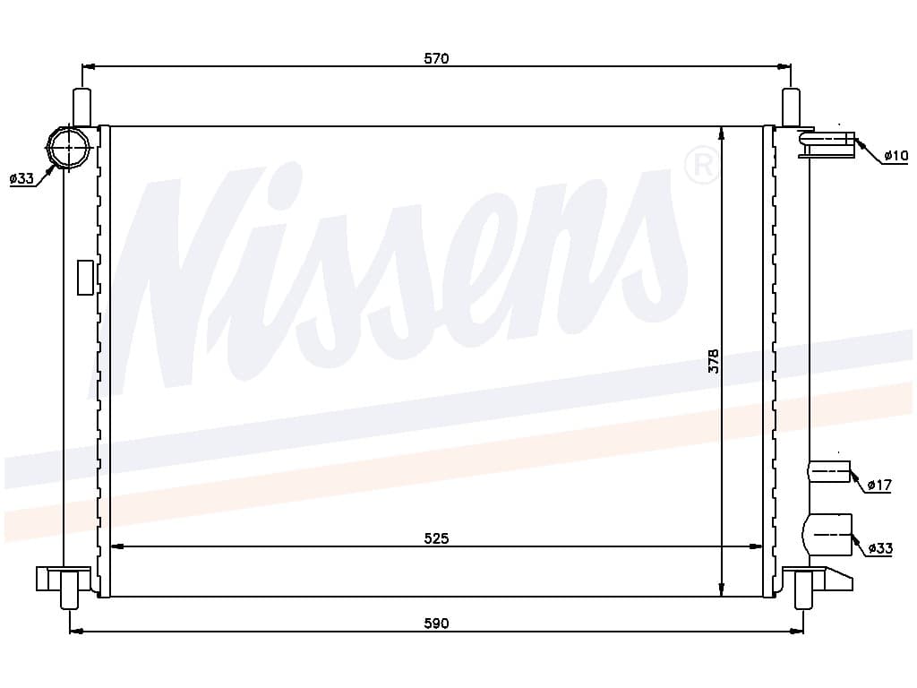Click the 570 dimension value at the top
(x=436, y=58)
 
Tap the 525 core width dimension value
(x=436, y=537)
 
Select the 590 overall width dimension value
(x=436, y=623)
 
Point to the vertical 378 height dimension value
(x=714, y=361)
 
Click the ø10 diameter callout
(x=896, y=155)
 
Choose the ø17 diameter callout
(x=879, y=485)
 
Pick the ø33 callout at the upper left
(x=21, y=178)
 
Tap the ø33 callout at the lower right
(x=880, y=547)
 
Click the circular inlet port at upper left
(x=68, y=147)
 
